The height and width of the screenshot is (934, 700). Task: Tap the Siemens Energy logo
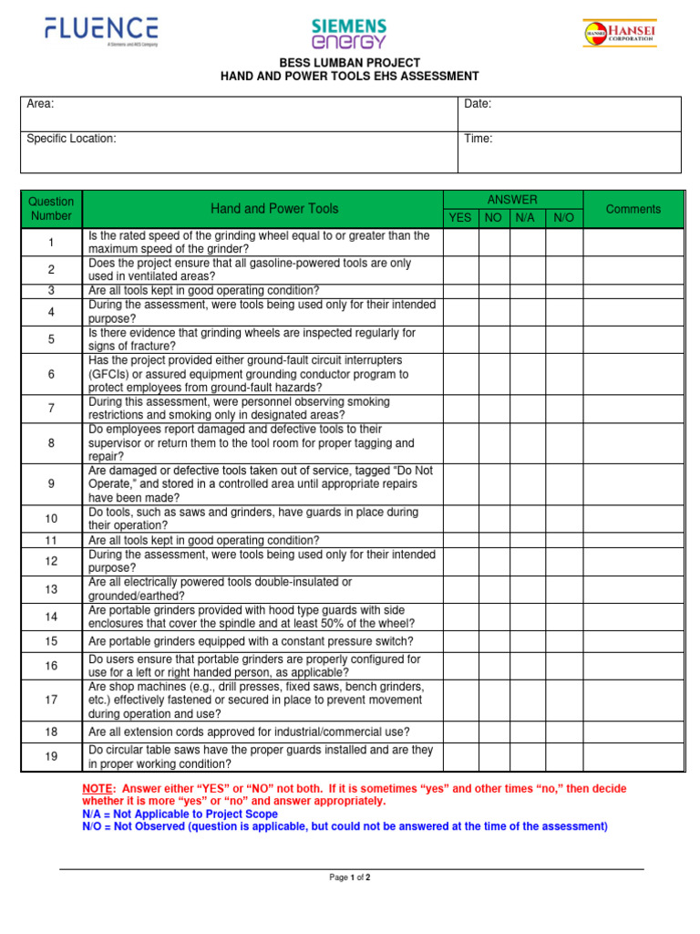coord(349,33)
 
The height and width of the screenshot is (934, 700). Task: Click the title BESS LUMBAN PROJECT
coord(349,63)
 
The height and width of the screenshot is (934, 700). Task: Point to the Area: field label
coord(41,104)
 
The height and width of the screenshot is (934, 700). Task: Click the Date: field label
coord(479,104)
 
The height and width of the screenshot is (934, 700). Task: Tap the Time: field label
coord(479,139)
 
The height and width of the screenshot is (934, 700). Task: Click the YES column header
coord(461,218)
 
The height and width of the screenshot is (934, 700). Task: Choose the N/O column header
coord(564,218)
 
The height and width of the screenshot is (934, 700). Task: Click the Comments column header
coord(633,209)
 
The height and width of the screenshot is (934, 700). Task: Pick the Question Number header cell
coord(51,209)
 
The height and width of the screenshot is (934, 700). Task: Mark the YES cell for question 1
coord(461,243)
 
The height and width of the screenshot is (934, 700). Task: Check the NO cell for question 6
coord(494,374)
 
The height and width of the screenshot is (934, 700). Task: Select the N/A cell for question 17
coord(527,700)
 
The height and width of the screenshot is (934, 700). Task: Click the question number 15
coord(51,641)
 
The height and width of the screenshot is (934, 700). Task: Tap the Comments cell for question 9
coord(633,484)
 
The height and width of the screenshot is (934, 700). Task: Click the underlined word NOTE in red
coord(97,788)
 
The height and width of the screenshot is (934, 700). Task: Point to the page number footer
coord(350,877)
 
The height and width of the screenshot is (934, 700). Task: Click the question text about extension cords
coord(249,732)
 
